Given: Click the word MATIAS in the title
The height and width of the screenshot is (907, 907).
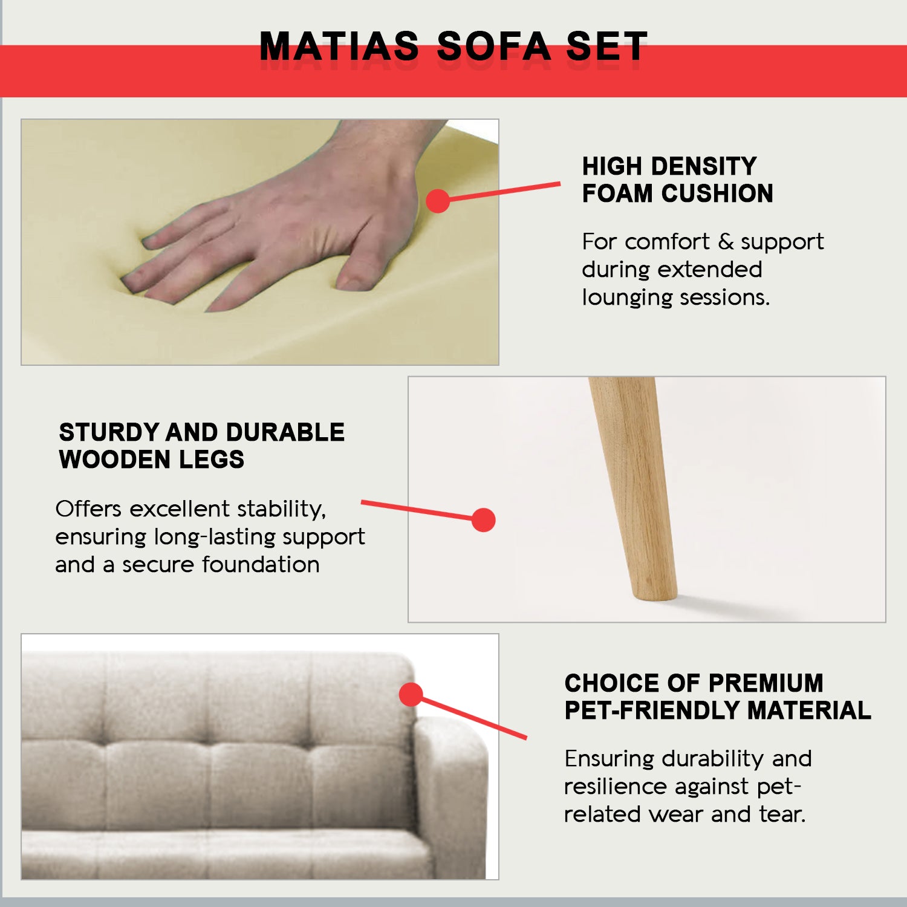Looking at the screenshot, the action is pos(339,47).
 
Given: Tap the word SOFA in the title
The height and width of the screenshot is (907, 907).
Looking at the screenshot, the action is pos(493,47).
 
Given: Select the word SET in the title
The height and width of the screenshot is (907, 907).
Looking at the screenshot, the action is pos(607,47).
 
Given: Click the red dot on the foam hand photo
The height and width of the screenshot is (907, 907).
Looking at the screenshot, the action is pos(438,201).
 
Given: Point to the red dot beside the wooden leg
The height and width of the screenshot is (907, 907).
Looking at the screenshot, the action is pos(483,520).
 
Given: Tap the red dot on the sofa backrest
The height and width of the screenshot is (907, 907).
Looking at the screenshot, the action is pos(411,695).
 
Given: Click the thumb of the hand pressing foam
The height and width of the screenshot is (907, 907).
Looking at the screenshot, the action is pos(363,266).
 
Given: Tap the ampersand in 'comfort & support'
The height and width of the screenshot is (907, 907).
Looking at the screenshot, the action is pos(725,242).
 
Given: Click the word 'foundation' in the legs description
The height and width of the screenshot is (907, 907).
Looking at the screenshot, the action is pos(261,565).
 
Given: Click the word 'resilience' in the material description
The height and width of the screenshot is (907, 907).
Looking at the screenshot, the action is pos(616,787).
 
